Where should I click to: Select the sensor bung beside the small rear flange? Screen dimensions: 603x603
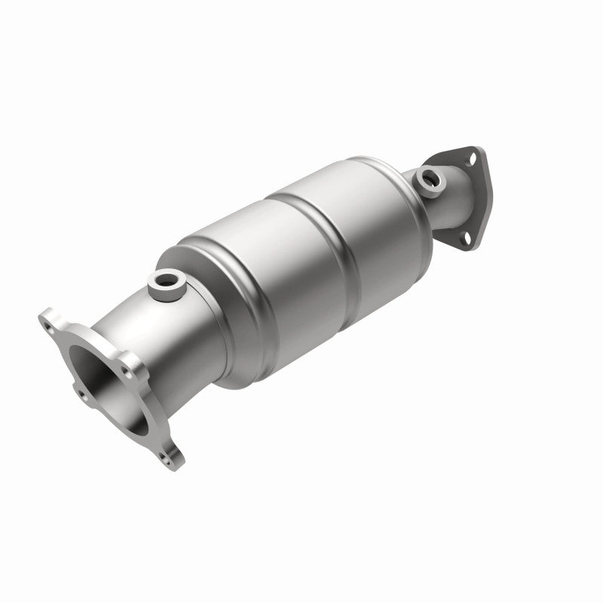pos(432,179)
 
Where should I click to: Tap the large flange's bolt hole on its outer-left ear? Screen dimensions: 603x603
pos(78,393)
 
